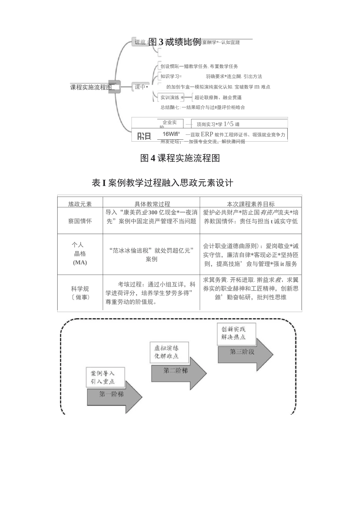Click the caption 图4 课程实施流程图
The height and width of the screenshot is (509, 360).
(180, 158)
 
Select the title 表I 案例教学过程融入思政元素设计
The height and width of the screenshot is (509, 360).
(163, 183)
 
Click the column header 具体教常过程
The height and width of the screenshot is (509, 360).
(152, 204)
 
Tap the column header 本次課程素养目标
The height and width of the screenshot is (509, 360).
(250, 204)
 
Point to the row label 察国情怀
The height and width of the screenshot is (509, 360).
(80, 221)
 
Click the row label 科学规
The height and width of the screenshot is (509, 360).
(80, 289)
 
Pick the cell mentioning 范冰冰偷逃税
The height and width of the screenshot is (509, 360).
(151, 254)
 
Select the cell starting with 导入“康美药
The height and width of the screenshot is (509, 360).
(151, 217)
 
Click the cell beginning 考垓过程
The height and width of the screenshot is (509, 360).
(151, 293)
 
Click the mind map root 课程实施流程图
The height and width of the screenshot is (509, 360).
(91, 87)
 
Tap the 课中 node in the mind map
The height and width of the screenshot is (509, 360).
(140, 87)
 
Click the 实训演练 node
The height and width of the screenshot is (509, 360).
(170, 97)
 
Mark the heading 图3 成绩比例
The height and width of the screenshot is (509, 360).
(175, 42)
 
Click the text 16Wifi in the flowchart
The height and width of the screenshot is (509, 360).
(171, 134)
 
